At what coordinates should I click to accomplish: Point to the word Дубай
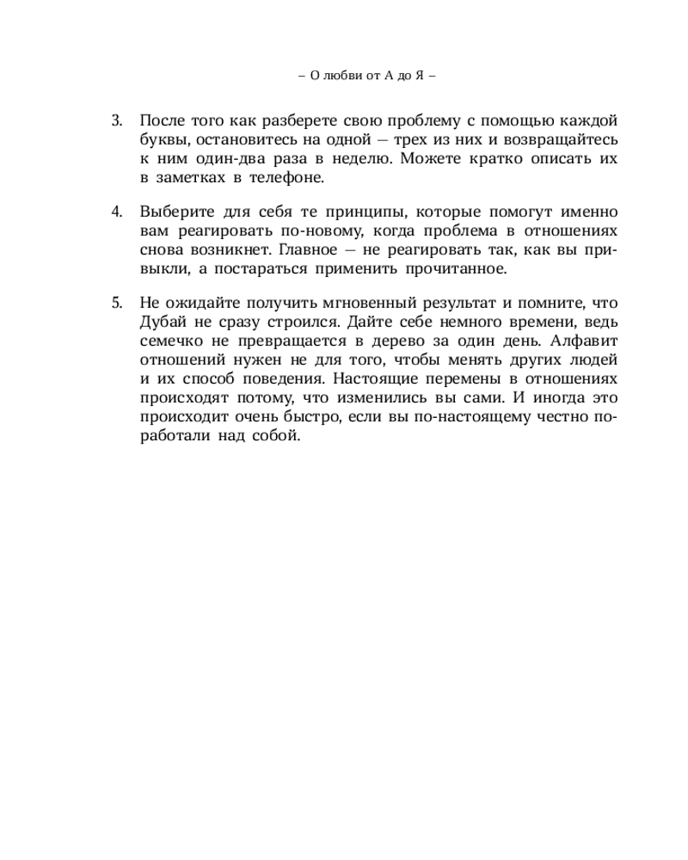click(163, 322)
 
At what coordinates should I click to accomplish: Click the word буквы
click(162, 139)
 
